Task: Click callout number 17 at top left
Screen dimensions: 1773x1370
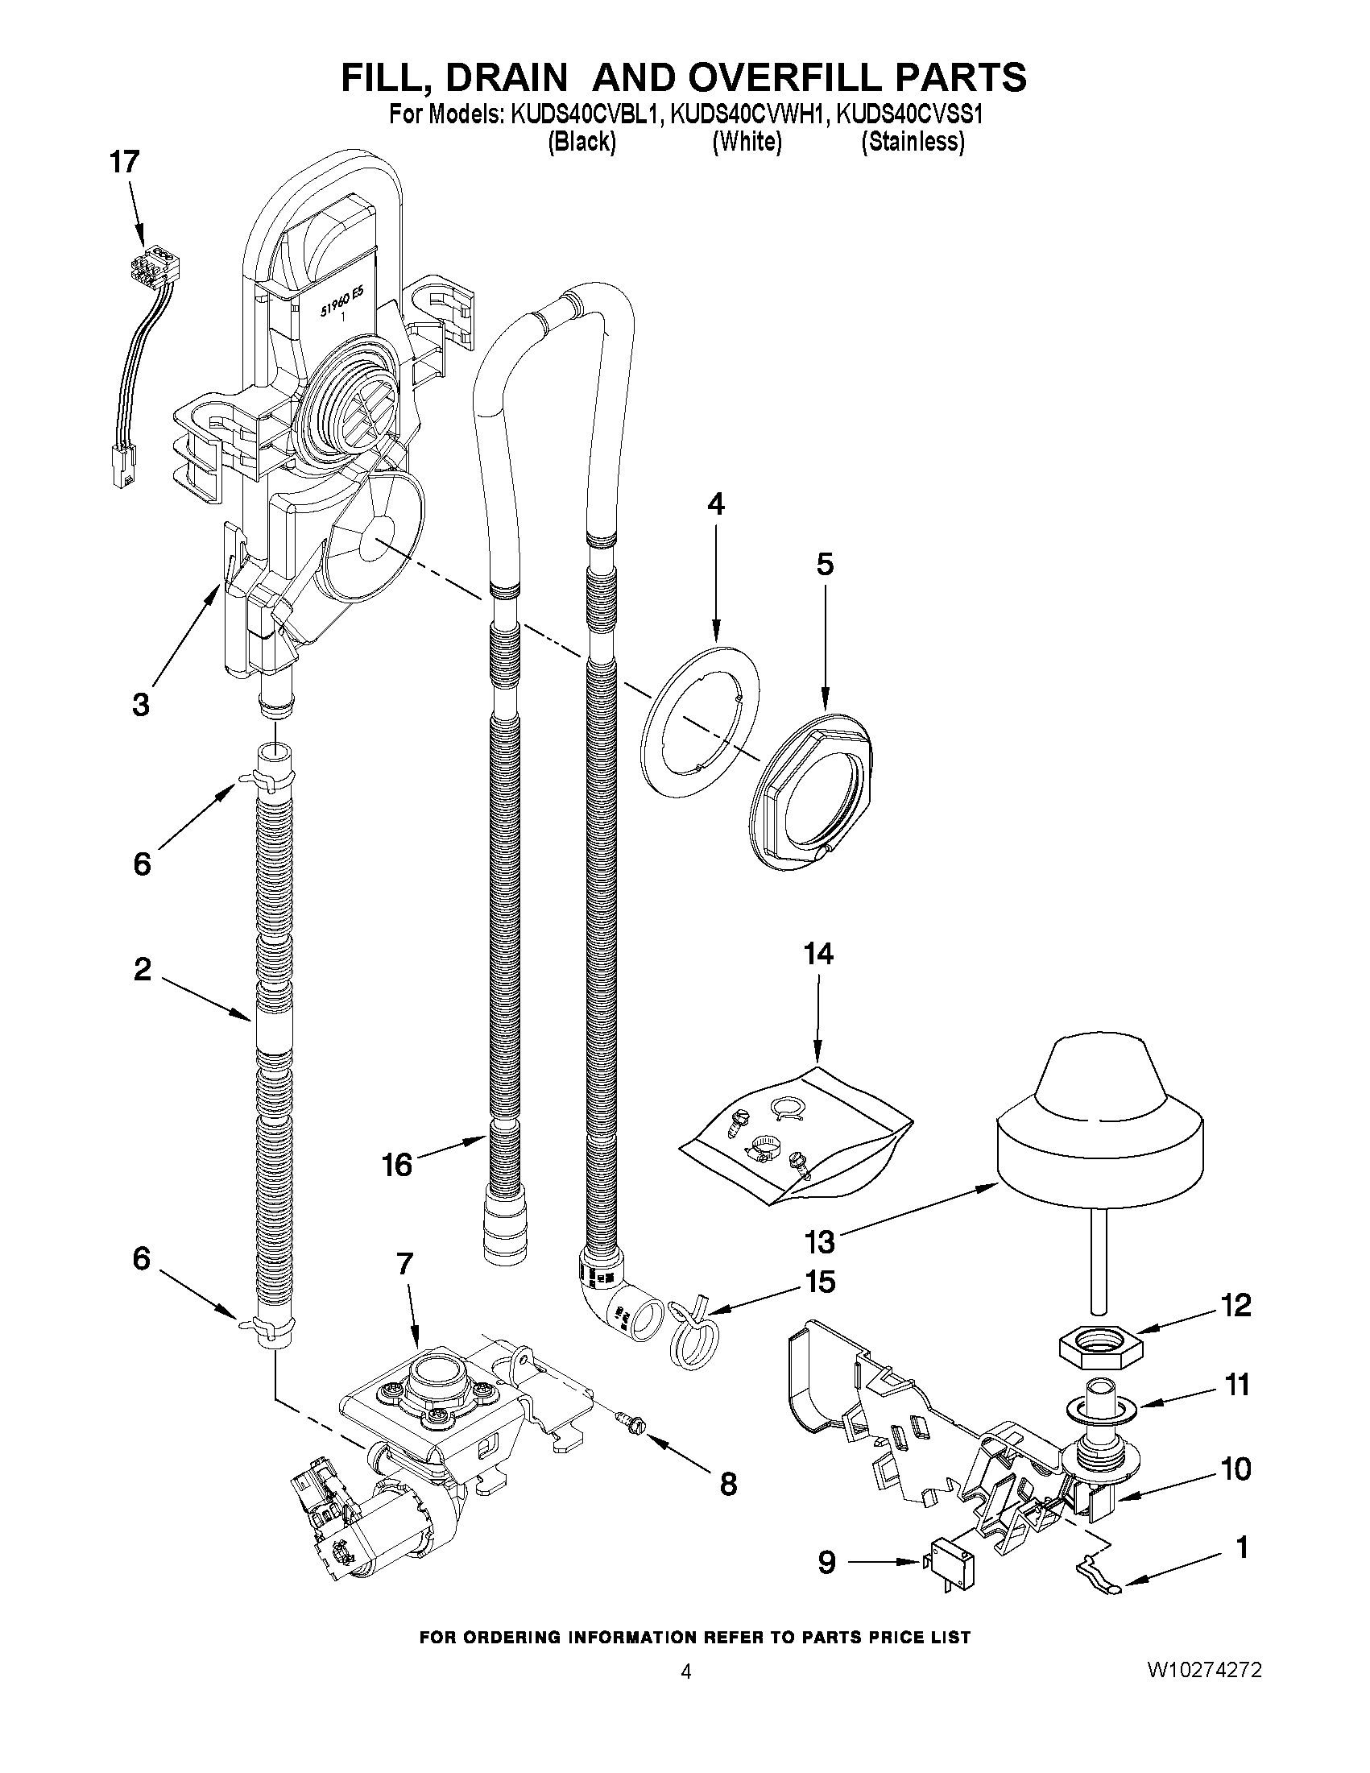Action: (124, 163)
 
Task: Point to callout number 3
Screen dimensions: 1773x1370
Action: (140, 703)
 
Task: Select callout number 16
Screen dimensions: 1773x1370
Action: (398, 1164)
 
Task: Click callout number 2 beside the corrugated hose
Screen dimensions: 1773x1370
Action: (142, 968)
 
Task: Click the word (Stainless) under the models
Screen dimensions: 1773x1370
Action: (913, 142)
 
